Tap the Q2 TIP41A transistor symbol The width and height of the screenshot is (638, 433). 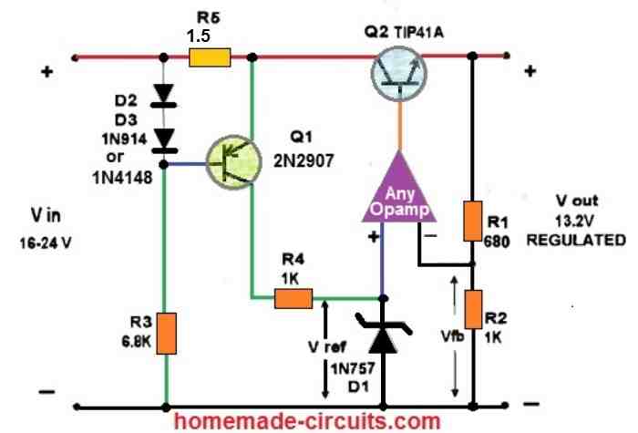(400, 73)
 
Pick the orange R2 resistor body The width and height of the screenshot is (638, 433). (472, 308)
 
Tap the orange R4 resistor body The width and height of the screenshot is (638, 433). (292, 297)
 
